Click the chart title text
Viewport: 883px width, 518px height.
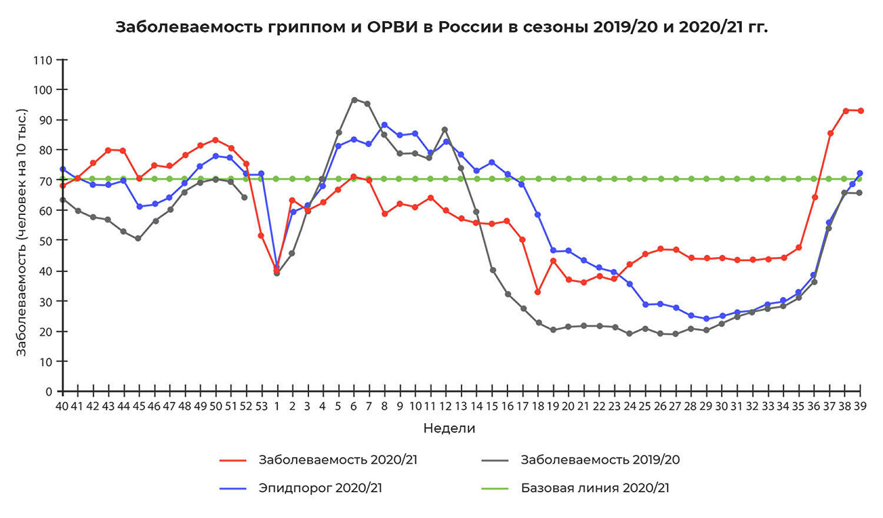(441, 27)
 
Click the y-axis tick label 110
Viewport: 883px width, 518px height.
(42, 60)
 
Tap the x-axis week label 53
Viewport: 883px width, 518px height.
(261, 407)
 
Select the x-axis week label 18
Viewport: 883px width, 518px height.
(538, 407)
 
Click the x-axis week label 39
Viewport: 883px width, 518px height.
(860, 407)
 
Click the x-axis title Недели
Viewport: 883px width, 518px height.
(449, 428)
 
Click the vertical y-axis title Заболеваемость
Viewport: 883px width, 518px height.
(22, 233)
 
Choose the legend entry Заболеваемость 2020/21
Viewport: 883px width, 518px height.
(338, 460)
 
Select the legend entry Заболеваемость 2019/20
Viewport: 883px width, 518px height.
(600, 460)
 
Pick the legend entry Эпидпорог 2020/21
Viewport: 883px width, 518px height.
(320, 488)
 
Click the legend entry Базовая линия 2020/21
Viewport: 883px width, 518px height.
(595, 488)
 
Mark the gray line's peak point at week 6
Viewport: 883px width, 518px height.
(354, 100)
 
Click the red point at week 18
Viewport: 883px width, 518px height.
(538, 292)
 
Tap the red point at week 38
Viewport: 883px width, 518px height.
(845, 111)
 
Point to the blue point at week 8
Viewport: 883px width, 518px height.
(384, 125)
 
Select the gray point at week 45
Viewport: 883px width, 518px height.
(138, 238)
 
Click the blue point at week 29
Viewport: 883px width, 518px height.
(706, 319)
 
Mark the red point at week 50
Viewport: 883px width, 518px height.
(215, 140)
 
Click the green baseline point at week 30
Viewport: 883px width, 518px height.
(722, 179)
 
